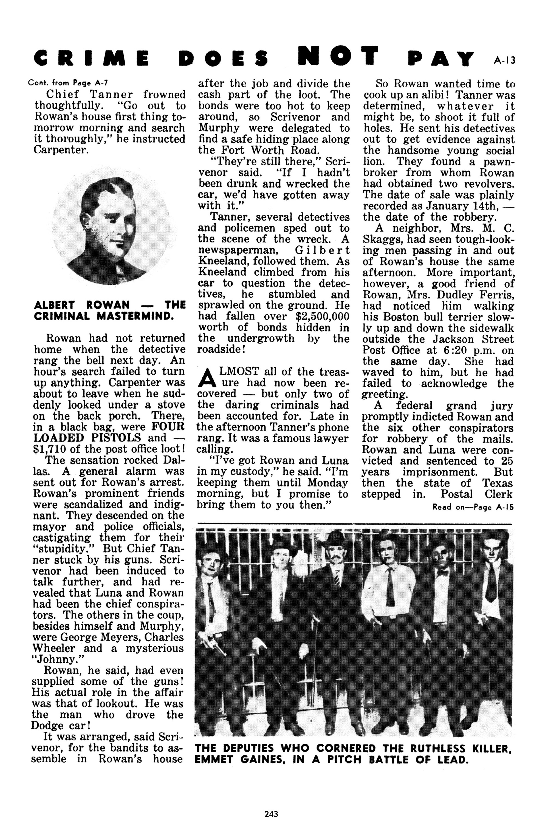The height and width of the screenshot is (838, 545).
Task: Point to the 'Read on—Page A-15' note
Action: pyautogui.click(x=473, y=507)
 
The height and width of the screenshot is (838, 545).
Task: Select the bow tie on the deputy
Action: pyautogui.click(x=442, y=573)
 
